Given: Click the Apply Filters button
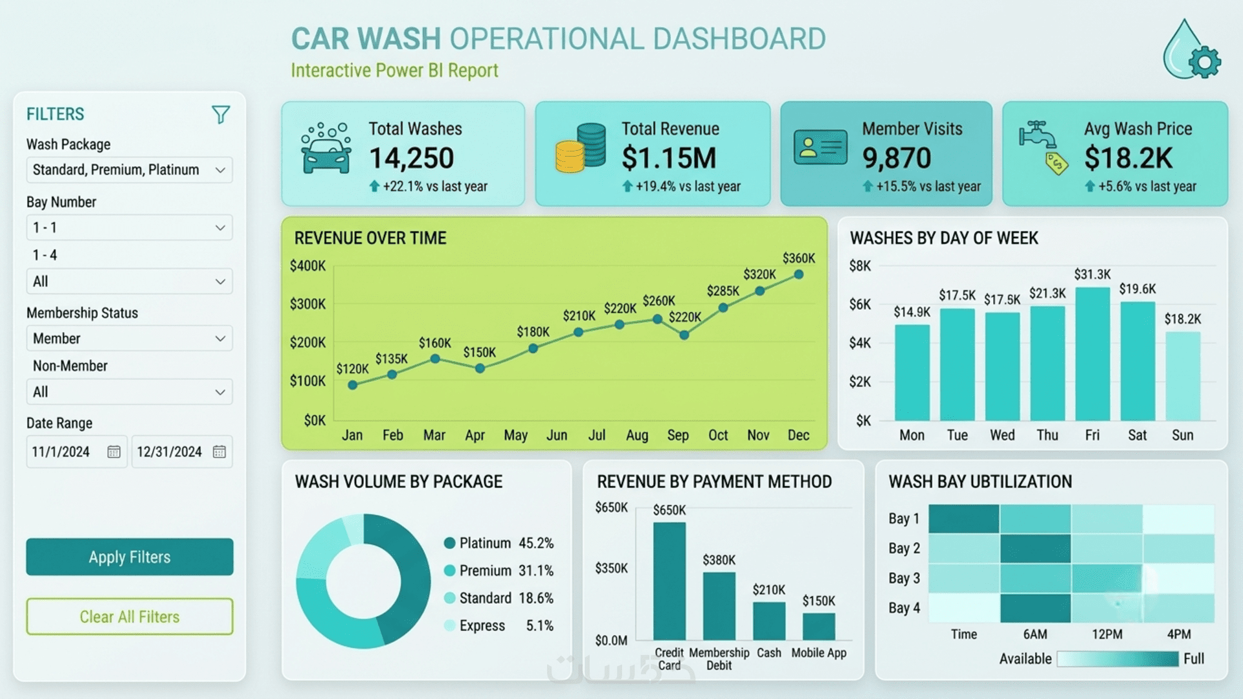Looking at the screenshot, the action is (x=129, y=557).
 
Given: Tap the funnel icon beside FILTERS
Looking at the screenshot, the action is (x=221, y=115).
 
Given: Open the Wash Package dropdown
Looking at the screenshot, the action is (x=129, y=170).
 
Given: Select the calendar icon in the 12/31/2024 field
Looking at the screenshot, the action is (x=219, y=452).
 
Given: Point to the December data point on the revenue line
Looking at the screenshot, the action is (x=799, y=274).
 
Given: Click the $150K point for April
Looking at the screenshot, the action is (x=480, y=368).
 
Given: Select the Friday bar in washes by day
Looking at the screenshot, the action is (x=1093, y=354).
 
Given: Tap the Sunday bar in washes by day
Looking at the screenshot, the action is (x=1183, y=377).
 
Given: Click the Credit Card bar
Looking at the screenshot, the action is (x=669, y=581).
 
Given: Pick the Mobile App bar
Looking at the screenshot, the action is (x=819, y=627).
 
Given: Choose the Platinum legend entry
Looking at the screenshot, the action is (x=498, y=543).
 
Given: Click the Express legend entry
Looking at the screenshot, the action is (x=498, y=626).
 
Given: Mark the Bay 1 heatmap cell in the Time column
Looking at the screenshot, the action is (x=964, y=519).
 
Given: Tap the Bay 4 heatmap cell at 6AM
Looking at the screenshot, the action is (x=1035, y=608).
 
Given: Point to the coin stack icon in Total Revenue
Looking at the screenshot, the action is (x=581, y=148).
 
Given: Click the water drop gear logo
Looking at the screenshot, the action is (x=1191, y=50).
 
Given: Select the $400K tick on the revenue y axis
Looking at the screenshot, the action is (x=308, y=266).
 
